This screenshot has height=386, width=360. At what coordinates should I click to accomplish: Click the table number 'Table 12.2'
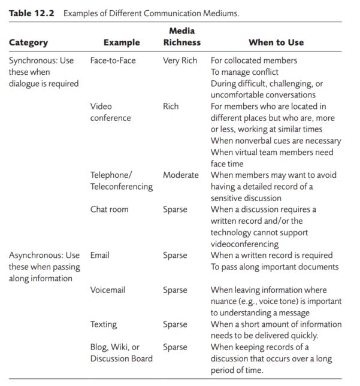coord(31,13)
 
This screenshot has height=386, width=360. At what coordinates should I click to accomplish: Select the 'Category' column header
coord(28,42)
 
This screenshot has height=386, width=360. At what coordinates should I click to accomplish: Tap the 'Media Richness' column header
coord(181,37)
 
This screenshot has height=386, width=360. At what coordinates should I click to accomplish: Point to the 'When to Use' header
coord(276,42)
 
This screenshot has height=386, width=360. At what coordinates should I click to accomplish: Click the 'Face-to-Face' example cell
coord(113,60)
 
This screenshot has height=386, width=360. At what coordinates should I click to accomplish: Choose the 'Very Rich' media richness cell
coord(180,60)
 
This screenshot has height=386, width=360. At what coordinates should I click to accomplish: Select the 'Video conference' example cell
coord(110,112)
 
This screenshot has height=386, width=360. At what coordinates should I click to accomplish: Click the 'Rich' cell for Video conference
coord(171,107)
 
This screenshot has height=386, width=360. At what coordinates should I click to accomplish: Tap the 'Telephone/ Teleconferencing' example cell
coord(122,181)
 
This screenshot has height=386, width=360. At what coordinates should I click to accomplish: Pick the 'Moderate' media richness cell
coord(180,175)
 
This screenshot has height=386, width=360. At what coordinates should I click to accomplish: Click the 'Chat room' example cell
coord(109,209)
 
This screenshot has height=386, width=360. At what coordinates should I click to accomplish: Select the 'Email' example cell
coord(100,256)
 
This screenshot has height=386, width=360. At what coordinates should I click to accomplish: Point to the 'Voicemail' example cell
coord(108,290)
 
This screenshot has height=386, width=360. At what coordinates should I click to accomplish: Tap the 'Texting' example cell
coord(103,324)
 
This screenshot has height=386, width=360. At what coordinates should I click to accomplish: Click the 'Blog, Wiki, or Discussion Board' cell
coord(122,353)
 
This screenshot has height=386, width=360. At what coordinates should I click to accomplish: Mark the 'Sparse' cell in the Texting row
coord(175,324)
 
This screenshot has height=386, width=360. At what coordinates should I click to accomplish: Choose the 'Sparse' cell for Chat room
coord(175,209)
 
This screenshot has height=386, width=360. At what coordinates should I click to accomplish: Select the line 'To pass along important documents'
coord(274,267)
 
